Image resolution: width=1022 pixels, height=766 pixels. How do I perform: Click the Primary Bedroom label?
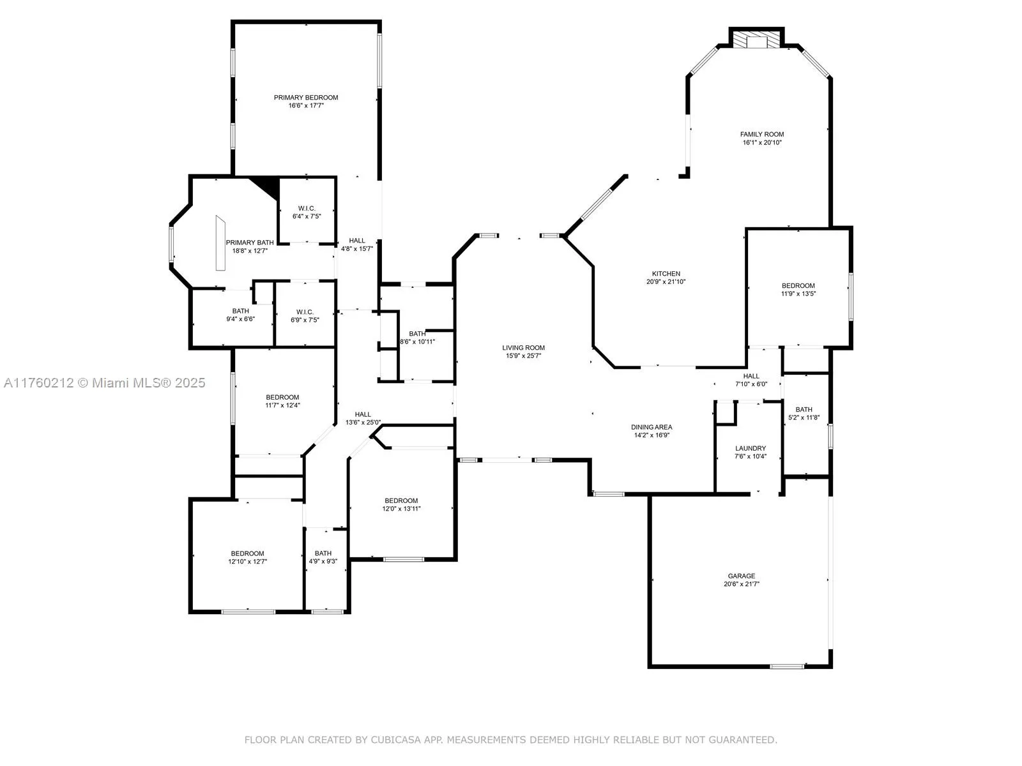pyautogui.click(x=306, y=98)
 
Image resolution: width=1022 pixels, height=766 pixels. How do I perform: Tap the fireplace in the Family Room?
pyautogui.click(x=757, y=41)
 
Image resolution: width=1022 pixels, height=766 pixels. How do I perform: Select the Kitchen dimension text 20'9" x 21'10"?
pyautogui.click(x=666, y=282)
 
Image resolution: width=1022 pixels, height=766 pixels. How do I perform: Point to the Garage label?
pyautogui.click(x=741, y=576)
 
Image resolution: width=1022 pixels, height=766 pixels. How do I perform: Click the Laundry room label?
pyautogui.click(x=750, y=449)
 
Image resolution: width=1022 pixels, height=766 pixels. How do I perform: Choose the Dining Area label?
pyautogui.click(x=652, y=427)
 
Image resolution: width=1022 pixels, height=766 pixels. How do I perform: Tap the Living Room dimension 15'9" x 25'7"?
pyautogui.click(x=523, y=356)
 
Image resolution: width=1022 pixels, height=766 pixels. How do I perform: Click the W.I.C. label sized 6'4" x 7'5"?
pyautogui.click(x=307, y=209)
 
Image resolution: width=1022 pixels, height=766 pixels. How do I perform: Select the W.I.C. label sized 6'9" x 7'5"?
pyautogui.click(x=304, y=312)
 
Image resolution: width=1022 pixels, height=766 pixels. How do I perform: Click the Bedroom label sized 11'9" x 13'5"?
pyautogui.click(x=798, y=286)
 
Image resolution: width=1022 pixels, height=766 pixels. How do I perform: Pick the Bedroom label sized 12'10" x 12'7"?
pyautogui.click(x=247, y=553)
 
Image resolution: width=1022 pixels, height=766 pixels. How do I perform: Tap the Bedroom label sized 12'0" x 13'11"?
pyautogui.click(x=401, y=500)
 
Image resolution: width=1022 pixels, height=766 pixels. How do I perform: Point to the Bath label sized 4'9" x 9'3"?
pyautogui.click(x=323, y=553)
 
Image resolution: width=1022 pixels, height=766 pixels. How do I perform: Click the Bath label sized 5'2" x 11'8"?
pyautogui.click(x=804, y=410)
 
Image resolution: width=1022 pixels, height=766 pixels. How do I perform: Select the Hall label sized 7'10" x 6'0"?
pyautogui.click(x=751, y=376)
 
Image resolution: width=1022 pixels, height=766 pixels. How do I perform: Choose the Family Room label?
pyautogui.click(x=762, y=135)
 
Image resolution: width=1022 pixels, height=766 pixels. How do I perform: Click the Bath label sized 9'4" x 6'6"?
pyautogui.click(x=240, y=311)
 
